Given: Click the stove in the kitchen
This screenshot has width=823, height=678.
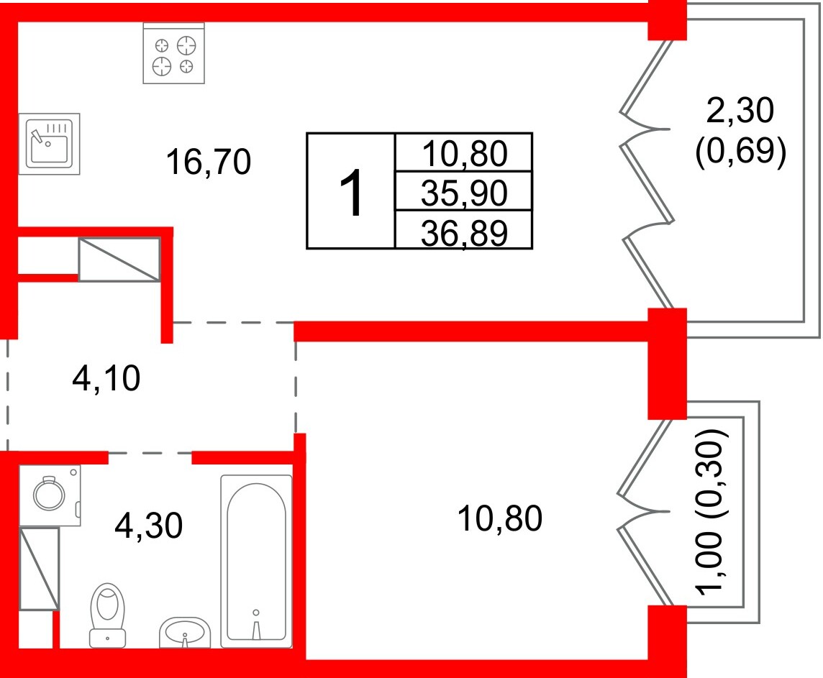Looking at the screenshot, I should tap(173, 53).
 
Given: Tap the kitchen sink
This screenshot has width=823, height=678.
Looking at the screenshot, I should tap(49, 143).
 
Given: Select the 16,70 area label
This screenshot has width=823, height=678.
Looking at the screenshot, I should tap(208, 162).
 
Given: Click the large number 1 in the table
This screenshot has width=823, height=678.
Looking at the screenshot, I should tap(352, 191).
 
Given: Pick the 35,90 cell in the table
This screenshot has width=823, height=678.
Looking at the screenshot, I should tap(464, 191).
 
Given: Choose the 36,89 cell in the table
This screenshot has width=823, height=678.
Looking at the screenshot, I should tap(464, 232).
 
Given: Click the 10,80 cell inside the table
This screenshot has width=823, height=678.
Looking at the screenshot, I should tap(464, 152).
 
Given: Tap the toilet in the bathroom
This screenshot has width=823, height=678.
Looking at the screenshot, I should tap(107, 614).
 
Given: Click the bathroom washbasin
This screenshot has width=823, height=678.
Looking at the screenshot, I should tap(185, 632).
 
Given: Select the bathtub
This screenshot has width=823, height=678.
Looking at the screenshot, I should tap(256, 560).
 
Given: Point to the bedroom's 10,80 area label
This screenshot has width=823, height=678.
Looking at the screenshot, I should tap(499, 518).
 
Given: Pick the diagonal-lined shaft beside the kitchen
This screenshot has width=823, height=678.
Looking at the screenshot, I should tap(119, 259).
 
